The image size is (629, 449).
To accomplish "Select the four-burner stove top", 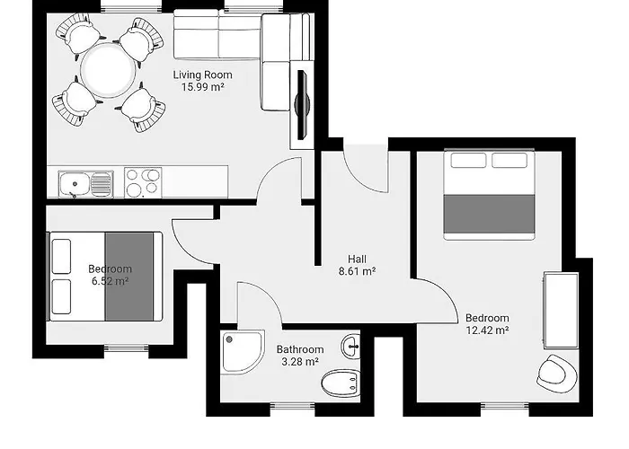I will coord(142,182).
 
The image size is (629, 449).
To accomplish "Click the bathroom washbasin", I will coord(350,345).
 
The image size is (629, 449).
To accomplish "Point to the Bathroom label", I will coord(299,349).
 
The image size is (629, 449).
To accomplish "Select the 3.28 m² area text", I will coord(299,362).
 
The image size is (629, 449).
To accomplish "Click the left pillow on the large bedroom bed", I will coord(467,162).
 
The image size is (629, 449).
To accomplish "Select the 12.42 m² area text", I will coord(487,330).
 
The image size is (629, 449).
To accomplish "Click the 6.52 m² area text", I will coord(110,281).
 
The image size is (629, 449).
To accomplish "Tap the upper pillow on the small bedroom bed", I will coord(62,256).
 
